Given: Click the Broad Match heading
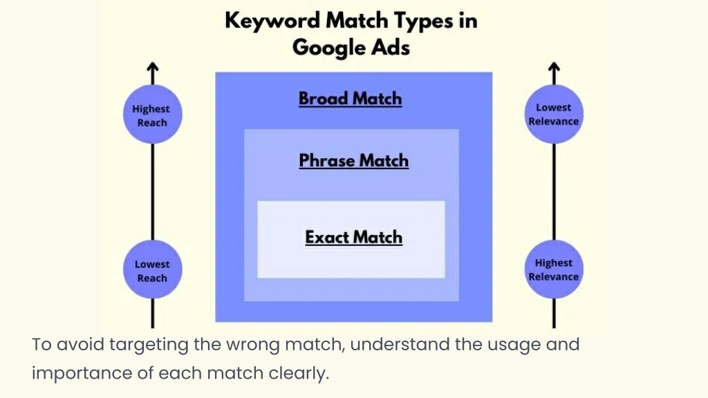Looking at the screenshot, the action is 350,99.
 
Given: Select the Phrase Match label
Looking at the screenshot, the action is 353,160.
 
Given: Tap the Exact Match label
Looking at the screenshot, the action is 353,238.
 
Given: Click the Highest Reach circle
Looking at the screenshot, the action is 153,114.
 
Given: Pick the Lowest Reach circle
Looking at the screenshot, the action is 153,269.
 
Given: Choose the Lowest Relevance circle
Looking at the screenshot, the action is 554,114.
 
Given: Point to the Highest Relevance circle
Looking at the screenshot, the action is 554,269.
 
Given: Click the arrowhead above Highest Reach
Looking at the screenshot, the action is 153,67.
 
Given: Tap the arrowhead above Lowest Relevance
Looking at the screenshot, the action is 554,67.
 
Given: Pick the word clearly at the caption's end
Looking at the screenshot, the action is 299,374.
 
